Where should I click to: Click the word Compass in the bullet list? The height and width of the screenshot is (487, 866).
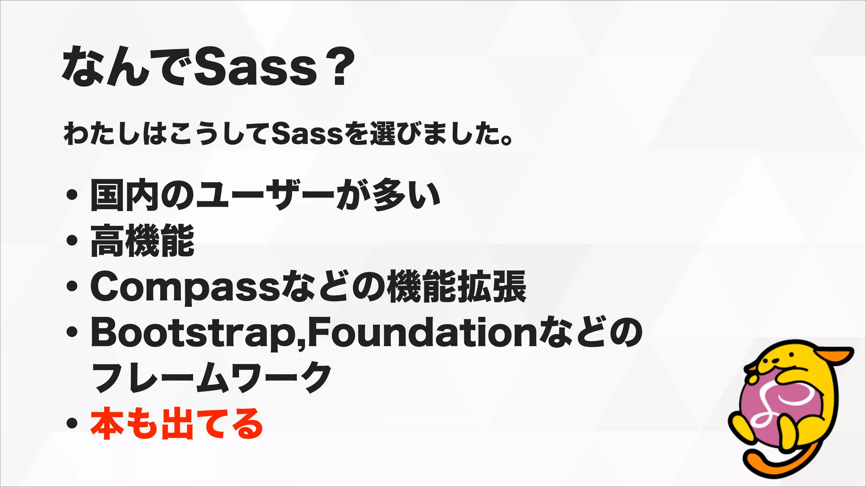tap(185, 287)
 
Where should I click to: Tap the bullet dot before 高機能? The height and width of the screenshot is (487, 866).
tap(72, 241)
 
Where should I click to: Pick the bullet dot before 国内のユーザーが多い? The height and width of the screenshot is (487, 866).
tap(72, 194)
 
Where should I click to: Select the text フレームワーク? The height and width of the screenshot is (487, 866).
tap(211, 377)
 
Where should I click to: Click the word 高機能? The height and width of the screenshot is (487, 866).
tap(143, 241)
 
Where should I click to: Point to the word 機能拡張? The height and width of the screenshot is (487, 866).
tap(457, 287)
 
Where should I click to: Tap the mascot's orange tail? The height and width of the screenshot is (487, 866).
tap(761, 467)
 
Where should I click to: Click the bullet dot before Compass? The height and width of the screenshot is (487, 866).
tap(72, 287)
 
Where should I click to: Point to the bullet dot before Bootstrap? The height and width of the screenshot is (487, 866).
tap(72, 333)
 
